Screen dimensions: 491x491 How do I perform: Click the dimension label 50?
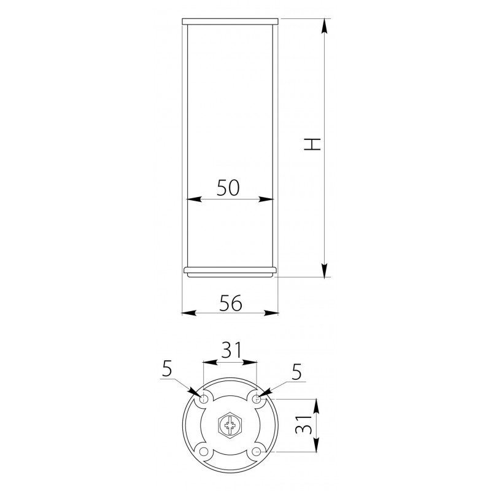click(228, 188)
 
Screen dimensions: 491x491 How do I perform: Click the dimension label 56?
click(231, 303)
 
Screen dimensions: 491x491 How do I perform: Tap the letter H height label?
click(312, 144)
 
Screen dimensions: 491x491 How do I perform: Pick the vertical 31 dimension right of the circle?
click(304, 425)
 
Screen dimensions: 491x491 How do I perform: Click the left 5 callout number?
click(167, 369)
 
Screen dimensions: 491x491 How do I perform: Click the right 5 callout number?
click(296, 372)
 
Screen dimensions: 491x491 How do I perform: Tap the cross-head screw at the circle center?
click(230, 425)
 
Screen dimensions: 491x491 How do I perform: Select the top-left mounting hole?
click(204, 399)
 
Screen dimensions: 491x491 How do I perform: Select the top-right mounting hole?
click(257, 399)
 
